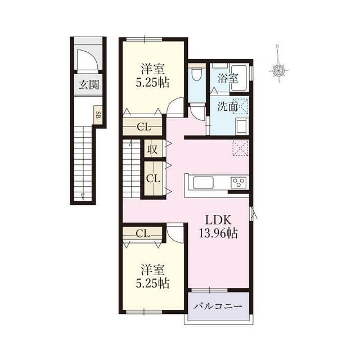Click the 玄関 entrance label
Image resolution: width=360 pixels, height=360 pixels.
tap(89, 85)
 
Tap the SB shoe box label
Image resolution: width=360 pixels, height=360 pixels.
tap(98, 114)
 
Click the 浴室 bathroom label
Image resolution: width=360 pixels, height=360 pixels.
tap(227, 79)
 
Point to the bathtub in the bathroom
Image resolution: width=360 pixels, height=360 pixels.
tap(238, 78)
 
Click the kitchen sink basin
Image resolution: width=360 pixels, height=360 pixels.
tap(204, 183)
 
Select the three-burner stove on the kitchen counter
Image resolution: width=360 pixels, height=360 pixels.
tap(239, 183)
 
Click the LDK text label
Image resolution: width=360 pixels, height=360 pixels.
tap(218, 220)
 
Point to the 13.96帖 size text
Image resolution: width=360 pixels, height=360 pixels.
tap(218, 234)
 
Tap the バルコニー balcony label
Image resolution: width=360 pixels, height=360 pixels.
tap(218, 307)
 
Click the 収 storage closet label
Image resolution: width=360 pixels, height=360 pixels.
tap(152, 150)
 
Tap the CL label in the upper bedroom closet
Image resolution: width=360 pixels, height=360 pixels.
tap(144, 127)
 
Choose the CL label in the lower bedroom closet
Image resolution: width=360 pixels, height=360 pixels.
tap(142, 234)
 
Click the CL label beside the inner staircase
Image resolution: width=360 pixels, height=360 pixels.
tap(153, 178)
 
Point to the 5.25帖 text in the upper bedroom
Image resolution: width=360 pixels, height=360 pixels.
tap(152, 83)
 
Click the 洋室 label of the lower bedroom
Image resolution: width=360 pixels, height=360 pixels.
tap(152, 270)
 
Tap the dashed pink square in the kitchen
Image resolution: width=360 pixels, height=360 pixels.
tap(240, 148)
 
